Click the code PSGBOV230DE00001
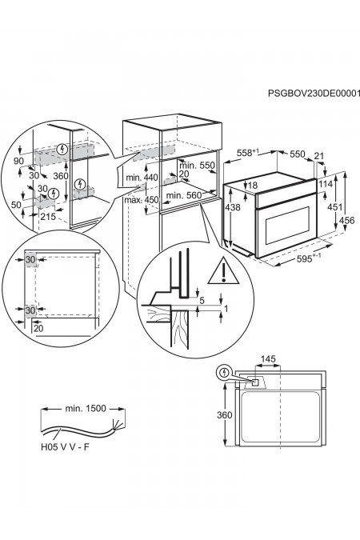click(314, 93)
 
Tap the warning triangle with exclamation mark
click(223, 271)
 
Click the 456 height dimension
click(346, 220)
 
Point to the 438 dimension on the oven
click(233, 207)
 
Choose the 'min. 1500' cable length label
click(86, 409)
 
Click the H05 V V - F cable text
click(65, 447)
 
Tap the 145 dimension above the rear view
click(268, 359)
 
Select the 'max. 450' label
click(142, 200)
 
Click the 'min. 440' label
click(142, 178)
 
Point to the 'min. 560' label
click(184, 196)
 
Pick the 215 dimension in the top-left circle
click(48, 217)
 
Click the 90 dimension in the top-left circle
click(18, 161)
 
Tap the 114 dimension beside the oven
click(326, 183)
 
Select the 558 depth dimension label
click(247, 153)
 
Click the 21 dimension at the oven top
click(319, 156)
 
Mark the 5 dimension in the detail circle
click(202, 300)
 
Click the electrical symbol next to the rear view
click(224, 372)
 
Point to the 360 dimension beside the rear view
click(224, 415)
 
